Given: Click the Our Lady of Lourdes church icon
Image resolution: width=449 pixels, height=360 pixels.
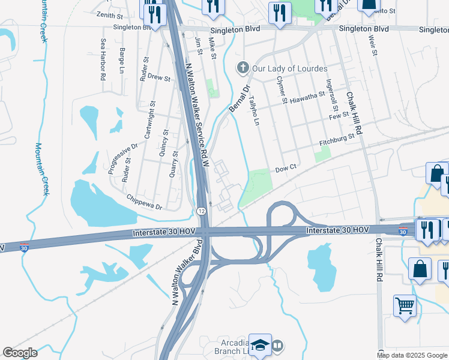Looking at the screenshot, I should click(x=243, y=68).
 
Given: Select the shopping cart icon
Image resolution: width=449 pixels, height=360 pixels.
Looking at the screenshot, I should click(x=405, y=305).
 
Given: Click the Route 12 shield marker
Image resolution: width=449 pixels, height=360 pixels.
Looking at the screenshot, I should click(x=202, y=210).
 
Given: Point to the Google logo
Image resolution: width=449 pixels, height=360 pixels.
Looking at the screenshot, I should click(x=20, y=353).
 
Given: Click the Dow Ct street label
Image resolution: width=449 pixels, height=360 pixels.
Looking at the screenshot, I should click(x=286, y=169).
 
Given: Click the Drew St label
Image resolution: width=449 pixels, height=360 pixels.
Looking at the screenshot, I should click(x=159, y=77).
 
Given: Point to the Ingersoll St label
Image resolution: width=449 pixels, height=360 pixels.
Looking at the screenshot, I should click(x=330, y=96).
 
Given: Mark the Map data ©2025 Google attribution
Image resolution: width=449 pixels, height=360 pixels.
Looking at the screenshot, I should click(x=412, y=355).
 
